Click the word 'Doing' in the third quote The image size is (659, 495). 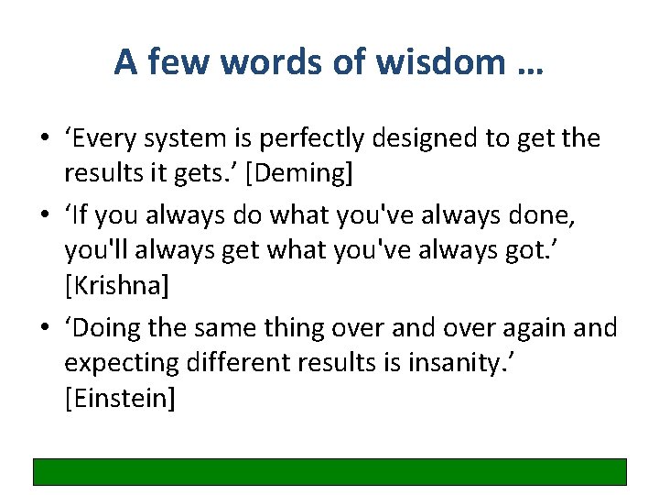pyautogui.click(x=111, y=328)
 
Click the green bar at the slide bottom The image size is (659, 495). pyautogui.click(x=329, y=471)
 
